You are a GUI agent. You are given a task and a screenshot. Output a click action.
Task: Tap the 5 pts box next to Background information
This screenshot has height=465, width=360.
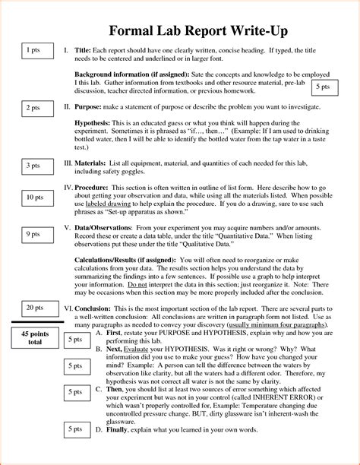click(324, 88)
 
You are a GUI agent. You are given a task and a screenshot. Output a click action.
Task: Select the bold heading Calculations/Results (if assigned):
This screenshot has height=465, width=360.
click(136, 259)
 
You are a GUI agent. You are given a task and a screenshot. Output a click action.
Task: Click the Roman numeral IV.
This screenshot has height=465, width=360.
click(68, 186)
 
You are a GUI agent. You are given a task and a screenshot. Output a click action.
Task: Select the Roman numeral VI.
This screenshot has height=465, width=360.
click(68, 308)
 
